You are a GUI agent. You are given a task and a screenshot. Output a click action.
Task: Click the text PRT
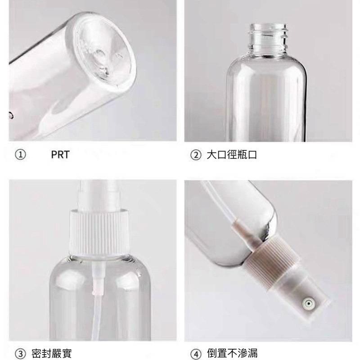(60, 155)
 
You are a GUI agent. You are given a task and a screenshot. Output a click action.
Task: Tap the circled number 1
(20, 155)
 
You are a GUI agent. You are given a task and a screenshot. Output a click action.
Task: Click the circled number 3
(20, 352)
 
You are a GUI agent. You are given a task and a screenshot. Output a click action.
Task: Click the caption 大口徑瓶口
(231, 155)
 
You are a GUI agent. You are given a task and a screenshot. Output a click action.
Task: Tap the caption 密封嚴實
(52, 352)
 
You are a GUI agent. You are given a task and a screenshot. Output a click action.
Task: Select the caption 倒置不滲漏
(232, 352)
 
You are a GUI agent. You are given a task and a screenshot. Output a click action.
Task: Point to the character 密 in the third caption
(37, 352)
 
